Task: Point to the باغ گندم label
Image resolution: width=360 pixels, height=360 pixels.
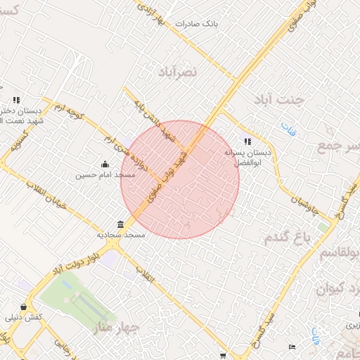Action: coord(288,238)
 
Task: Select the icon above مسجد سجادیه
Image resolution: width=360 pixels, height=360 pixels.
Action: coord(121,225)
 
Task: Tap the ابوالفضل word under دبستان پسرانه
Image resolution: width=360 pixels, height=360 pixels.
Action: coord(247,162)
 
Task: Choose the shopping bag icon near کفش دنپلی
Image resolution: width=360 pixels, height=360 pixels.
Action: coord(25,307)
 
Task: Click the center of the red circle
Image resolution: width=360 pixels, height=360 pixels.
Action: coord(181,179)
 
